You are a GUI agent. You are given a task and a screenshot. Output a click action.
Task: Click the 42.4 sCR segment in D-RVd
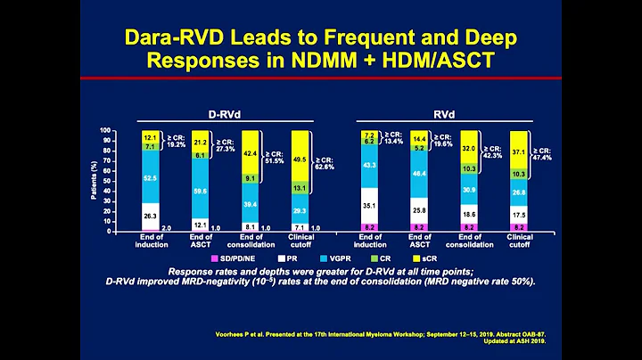(251, 152)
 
